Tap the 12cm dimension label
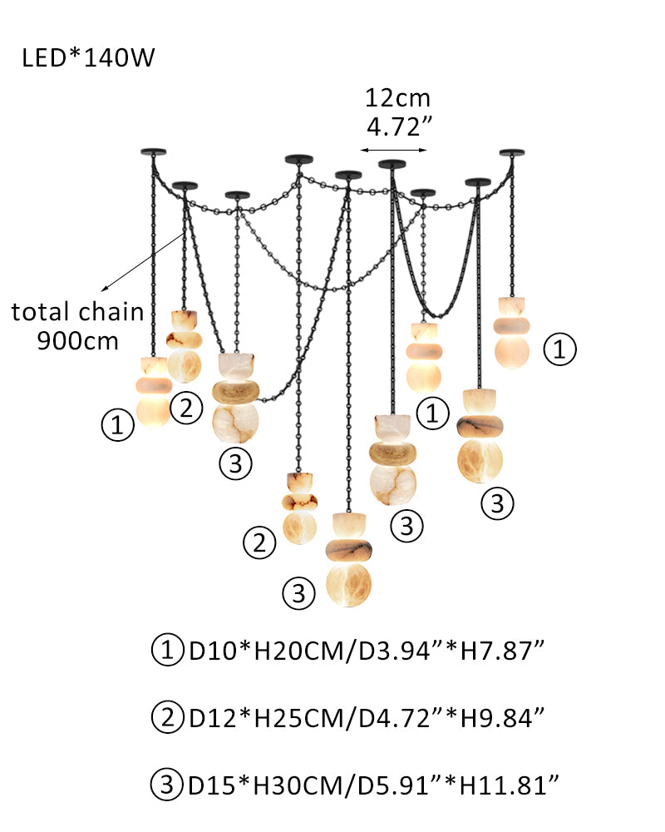(x=397, y=98)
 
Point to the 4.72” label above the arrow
(x=397, y=128)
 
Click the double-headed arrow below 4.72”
(x=393, y=151)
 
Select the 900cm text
(x=78, y=341)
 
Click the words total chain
(x=77, y=313)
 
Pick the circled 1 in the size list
(x=167, y=650)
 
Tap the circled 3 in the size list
(x=167, y=783)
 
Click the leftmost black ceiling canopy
(x=154, y=151)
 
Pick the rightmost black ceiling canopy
(x=512, y=152)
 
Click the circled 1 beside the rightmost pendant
(x=559, y=350)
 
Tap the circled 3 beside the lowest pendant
(x=299, y=593)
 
